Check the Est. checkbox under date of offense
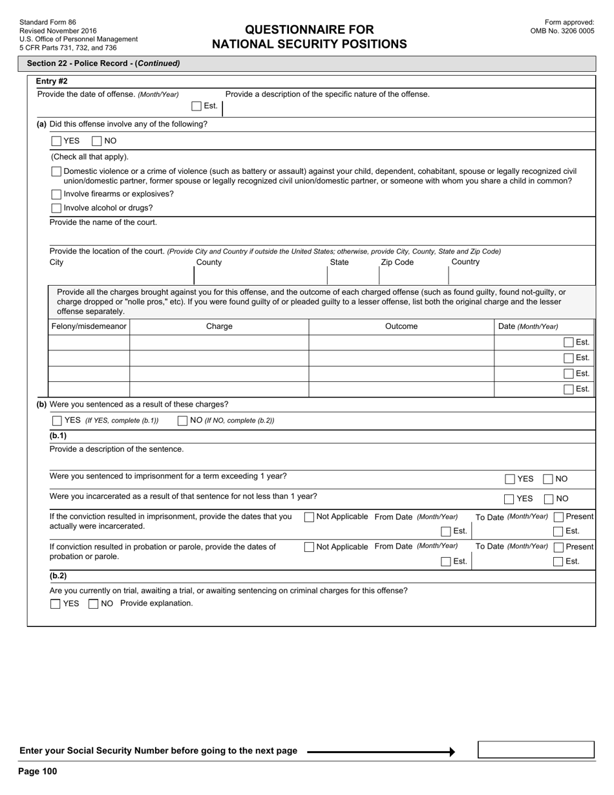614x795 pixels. pos(196,106)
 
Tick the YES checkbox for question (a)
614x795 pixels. pos(57,141)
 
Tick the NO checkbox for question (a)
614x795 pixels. pos(97,141)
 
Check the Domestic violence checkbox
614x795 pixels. pos(56,172)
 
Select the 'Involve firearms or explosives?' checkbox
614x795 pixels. pos(56,195)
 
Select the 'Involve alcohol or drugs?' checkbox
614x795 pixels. pos(56,208)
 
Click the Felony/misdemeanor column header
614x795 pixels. pos(89,326)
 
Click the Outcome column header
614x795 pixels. pos(401,326)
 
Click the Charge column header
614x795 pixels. pos(219,326)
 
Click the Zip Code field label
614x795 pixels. pos(397,262)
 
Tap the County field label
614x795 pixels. pos(209,262)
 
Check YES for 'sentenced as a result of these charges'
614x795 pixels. pos(58,421)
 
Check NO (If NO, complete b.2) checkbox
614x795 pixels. pos(183,421)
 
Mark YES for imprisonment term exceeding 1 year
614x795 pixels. pos(510,479)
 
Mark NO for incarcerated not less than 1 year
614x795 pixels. pos(548,499)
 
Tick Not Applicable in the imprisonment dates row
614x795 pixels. pos(309,517)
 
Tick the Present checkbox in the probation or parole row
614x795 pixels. pos(558,547)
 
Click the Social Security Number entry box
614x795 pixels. pos(536,750)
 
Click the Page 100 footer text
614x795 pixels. pos(37,771)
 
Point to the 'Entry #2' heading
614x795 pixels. pos(52,81)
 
